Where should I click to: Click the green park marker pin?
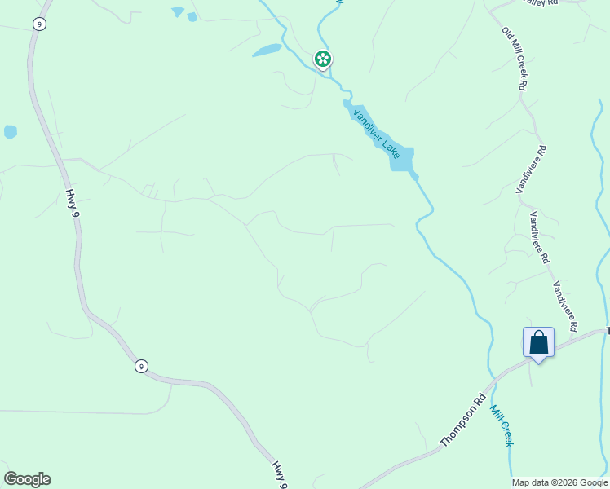(323, 59)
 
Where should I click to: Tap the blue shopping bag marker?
(538, 341)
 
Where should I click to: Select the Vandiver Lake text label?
(376, 130)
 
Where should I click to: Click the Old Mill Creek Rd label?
(515, 58)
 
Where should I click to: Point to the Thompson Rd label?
(463, 421)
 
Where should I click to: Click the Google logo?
(27, 479)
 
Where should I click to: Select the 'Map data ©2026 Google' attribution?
(559, 482)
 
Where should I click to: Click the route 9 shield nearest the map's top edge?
(39, 24)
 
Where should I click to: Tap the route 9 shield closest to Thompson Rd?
(141, 367)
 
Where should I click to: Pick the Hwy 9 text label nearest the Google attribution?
(280, 474)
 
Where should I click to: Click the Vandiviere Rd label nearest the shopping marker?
(565, 306)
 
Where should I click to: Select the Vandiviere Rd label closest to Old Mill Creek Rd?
(532, 170)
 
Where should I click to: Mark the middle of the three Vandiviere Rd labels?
(539, 237)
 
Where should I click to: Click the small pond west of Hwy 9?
(10, 131)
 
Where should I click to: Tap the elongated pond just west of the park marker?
(267, 51)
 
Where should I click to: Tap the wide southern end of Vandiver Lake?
(402, 158)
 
